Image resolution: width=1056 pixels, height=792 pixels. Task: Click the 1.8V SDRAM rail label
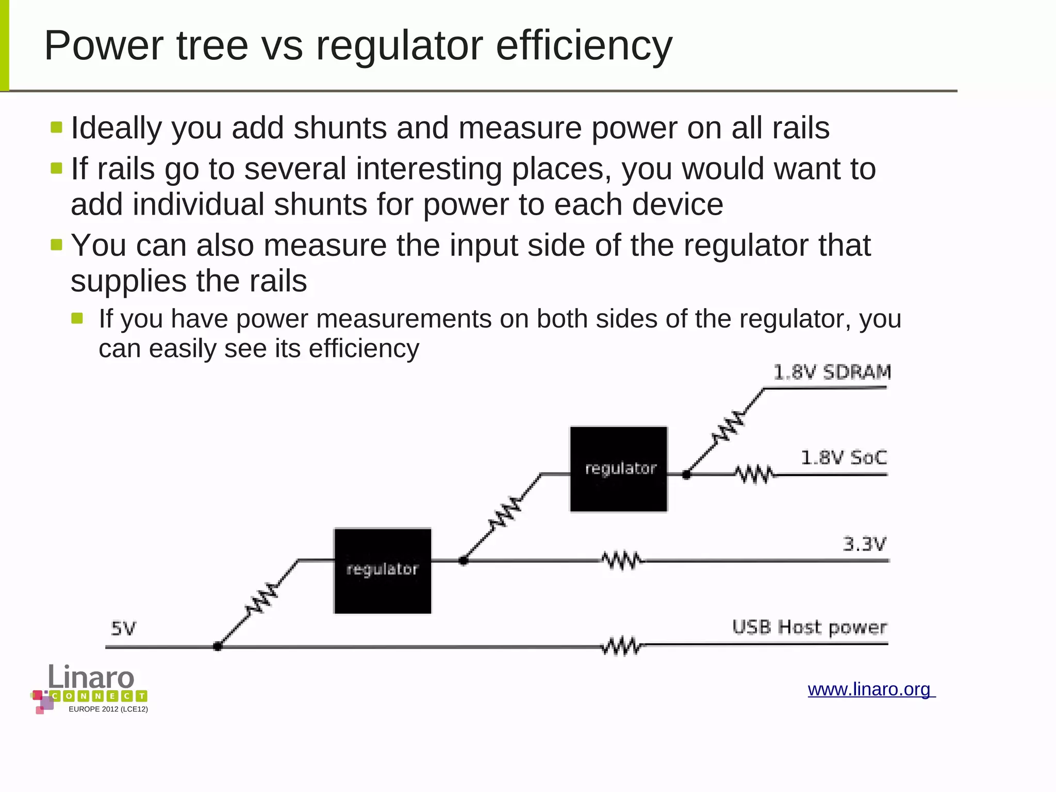832,372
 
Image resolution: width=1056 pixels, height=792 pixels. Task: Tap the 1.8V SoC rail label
844,458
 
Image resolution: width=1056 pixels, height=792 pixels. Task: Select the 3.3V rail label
864,544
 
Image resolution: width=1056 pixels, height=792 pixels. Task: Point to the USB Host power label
809,627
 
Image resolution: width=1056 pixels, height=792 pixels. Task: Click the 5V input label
124,628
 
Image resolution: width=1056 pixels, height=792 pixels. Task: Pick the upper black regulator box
618,469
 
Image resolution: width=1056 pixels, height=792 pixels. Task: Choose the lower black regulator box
383,571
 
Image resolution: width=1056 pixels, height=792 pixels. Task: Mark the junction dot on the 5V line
218,646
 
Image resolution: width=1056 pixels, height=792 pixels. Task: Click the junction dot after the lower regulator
463,560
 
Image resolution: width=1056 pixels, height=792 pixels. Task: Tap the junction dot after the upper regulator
686,475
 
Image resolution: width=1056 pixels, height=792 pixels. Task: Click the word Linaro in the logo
91,676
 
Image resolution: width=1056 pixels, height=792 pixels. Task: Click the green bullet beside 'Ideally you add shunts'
57,127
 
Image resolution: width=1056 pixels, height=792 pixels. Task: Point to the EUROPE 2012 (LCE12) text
108,709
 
